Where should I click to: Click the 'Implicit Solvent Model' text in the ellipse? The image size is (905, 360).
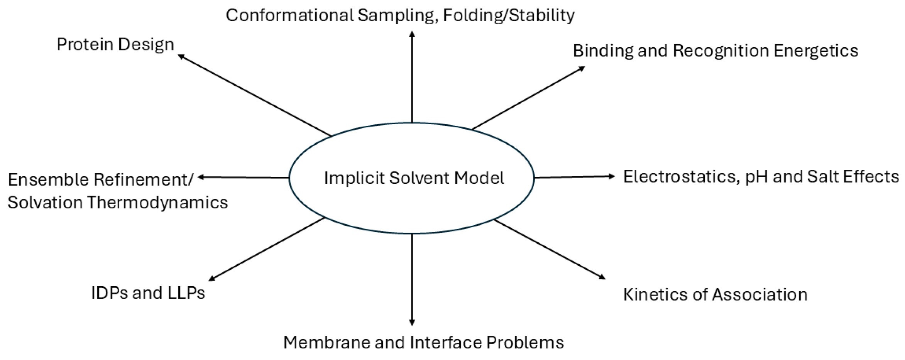[x=414, y=178]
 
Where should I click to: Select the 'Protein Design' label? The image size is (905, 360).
[x=115, y=45]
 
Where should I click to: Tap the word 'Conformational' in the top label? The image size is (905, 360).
[x=289, y=15]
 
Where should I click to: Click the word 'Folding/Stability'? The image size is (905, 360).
[x=509, y=15]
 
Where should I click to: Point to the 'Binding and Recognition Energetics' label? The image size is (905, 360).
[x=715, y=51]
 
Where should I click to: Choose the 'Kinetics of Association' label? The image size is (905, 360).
[x=715, y=295]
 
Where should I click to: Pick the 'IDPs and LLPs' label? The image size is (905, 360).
[x=148, y=293]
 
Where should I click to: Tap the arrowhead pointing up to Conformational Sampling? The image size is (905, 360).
[x=412, y=35]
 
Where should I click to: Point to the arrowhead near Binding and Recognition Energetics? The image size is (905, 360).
[x=582, y=68]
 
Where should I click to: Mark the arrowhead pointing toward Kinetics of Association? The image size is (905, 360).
[x=602, y=277]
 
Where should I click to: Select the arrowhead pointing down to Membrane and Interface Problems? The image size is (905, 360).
[x=412, y=322]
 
